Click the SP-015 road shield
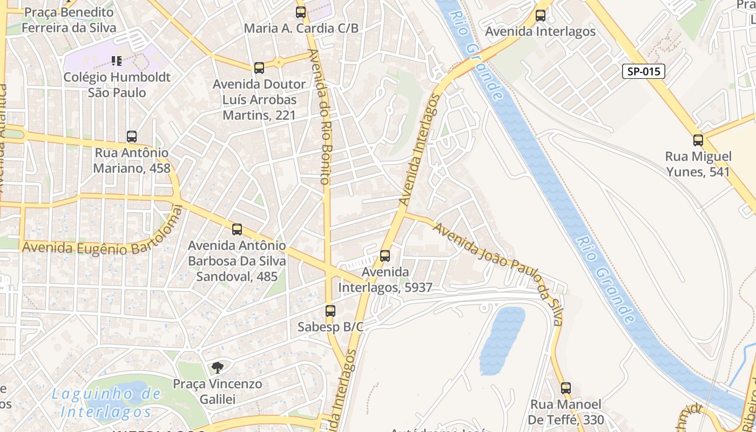click(643, 71)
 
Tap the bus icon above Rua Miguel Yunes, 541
click(698, 140)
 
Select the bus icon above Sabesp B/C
click(330, 311)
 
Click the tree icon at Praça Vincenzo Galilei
click(217, 368)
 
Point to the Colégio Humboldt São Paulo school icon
click(117, 61)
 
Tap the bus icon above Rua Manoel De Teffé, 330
click(566, 388)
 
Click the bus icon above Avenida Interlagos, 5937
click(385, 256)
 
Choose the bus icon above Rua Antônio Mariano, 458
click(132, 137)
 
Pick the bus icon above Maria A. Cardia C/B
click(301, 12)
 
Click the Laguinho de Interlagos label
click(106, 403)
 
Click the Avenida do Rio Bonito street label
click(319, 116)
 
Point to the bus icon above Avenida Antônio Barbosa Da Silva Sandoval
click(237, 230)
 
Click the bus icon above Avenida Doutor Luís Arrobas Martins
click(259, 68)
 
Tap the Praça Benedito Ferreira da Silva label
click(69, 20)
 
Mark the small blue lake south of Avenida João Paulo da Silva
click(502, 340)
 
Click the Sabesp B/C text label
click(330, 327)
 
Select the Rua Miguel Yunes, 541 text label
click(698, 164)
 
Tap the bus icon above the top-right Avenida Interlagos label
click(541, 16)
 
